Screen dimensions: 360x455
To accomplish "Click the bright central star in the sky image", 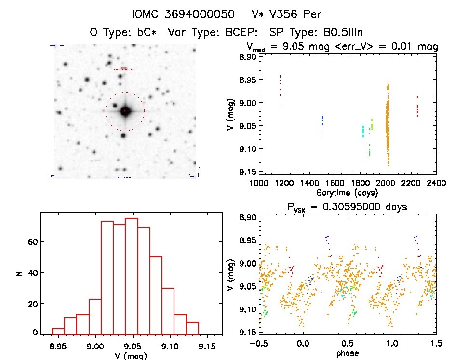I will click(x=125, y=111).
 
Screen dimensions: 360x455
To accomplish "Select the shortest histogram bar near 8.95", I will click(x=58, y=331).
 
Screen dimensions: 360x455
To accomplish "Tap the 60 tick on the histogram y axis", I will click(x=30, y=241).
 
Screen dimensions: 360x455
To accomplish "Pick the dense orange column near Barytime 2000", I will click(x=387, y=125).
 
